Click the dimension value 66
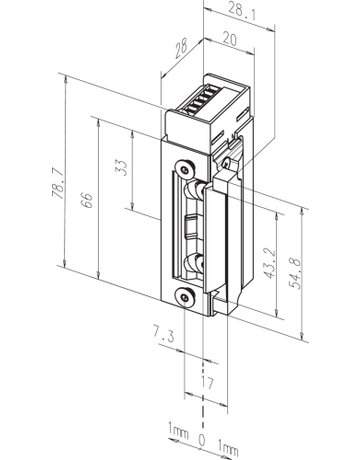88,201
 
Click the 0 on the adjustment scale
203,438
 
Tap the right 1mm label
230,438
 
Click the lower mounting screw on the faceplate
182,296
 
